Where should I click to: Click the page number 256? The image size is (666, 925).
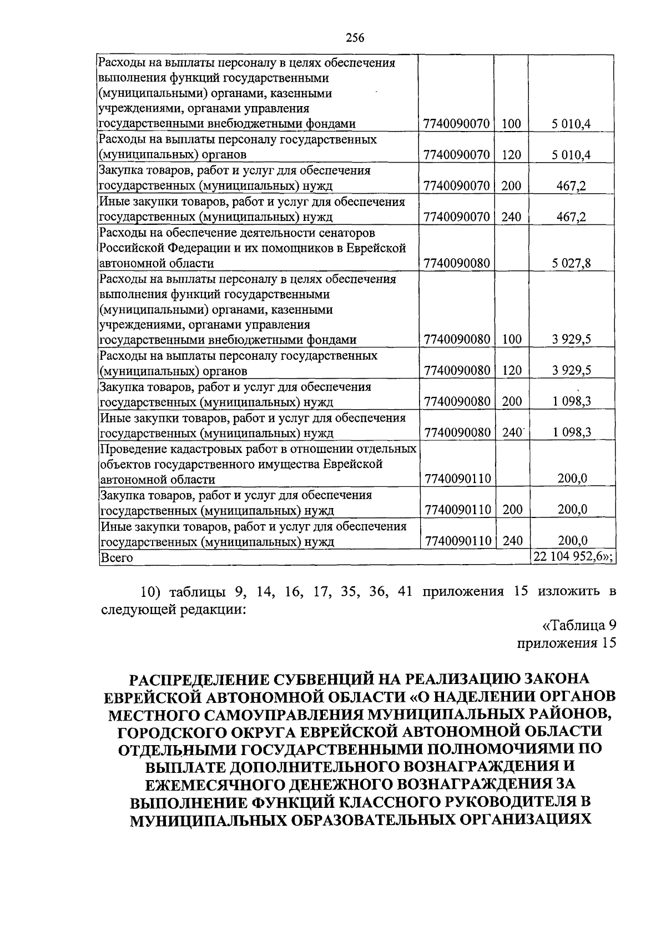(354, 38)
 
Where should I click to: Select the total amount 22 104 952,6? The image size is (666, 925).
(572, 557)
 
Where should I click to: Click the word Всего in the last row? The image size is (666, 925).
(116, 558)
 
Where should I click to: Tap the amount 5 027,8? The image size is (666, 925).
(572, 263)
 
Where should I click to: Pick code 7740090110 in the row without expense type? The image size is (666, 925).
(456, 479)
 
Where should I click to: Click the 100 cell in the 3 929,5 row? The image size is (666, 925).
(511, 339)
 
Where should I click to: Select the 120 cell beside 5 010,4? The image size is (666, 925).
(511, 155)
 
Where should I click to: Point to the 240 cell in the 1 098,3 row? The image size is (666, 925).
(511, 433)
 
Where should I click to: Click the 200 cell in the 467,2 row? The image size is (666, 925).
(511, 186)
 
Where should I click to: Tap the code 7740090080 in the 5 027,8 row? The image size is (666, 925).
(456, 263)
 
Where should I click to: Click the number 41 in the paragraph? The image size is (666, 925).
(405, 591)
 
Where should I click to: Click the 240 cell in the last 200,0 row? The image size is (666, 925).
(511, 541)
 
